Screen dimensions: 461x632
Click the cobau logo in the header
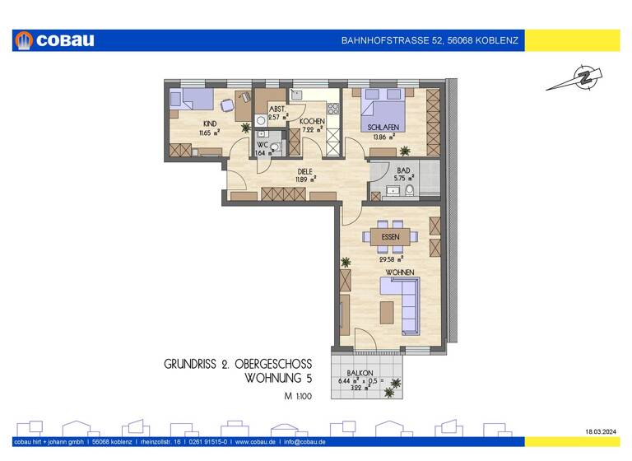[x=56, y=40]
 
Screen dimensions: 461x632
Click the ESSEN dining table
[x=391, y=237]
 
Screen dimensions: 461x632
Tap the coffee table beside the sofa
[x=386, y=312]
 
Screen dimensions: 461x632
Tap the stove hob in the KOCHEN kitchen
[x=334, y=108]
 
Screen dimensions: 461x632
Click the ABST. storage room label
[x=277, y=109]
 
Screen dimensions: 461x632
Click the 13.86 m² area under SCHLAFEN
[x=383, y=137]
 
